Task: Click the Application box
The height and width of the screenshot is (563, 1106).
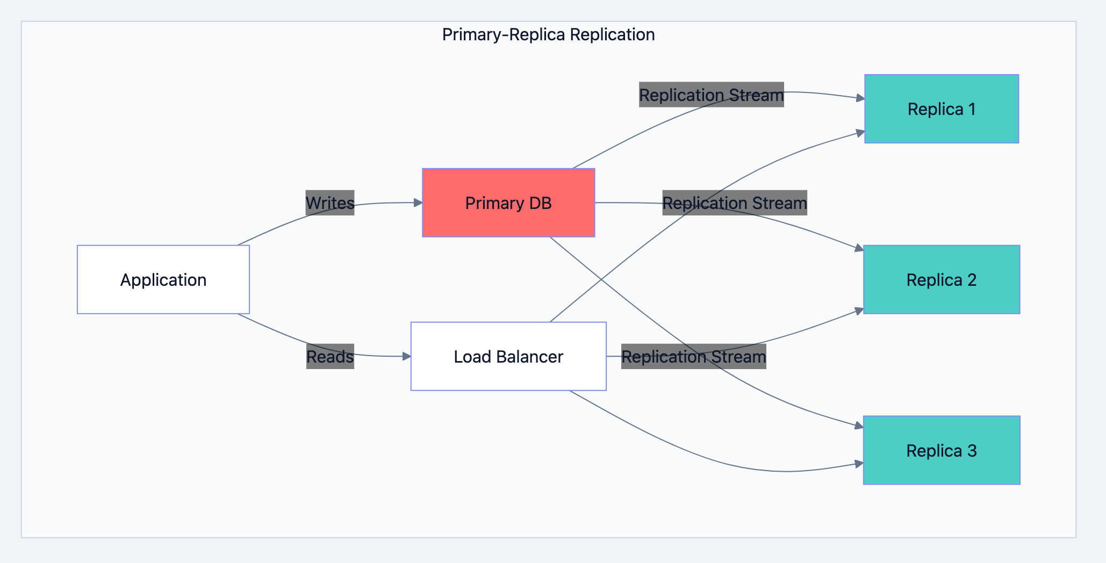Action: tap(163, 280)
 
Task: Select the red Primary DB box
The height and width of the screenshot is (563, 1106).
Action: tap(508, 203)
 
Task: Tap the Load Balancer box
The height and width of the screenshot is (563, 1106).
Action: tap(508, 356)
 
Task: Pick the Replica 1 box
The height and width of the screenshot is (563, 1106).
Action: tap(942, 109)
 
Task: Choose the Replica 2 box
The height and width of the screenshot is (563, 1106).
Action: tap(942, 280)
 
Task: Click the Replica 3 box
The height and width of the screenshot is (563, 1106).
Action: tap(942, 450)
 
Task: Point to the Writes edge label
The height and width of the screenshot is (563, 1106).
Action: tap(330, 203)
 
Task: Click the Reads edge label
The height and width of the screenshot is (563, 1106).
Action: tap(330, 357)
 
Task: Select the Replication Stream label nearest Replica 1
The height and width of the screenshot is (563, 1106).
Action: tap(711, 95)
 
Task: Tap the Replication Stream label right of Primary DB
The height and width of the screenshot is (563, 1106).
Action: tap(735, 203)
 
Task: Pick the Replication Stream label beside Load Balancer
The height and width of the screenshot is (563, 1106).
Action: tap(693, 357)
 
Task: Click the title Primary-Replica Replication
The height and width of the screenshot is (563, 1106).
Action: tap(548, 35)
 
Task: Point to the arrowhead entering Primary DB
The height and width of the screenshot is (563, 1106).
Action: tap(418, 203)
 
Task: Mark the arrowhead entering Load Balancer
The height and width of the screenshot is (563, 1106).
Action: tap(407, 356)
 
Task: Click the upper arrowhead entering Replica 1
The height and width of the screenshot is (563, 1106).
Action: tap(860, 98)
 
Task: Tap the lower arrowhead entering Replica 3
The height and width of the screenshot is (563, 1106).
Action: tap(859, 464)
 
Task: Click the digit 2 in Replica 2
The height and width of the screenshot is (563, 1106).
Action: tap(972, 280)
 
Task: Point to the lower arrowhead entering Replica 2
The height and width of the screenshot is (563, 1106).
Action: tap(859, 311)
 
